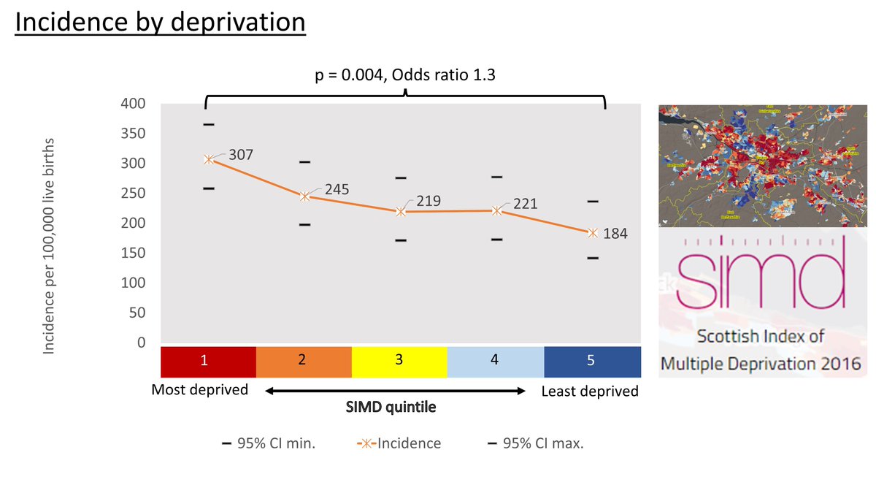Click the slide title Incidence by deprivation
[160, 23]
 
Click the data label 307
[240, 155]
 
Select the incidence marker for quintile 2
[304, 196]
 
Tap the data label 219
[428, 201]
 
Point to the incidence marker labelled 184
[593, 233]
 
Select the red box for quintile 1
[208, 360]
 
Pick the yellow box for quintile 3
[399, 360]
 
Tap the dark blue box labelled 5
[592, 360]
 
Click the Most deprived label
[199, 389]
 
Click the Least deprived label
[590, 391]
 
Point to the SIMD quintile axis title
[391, 408]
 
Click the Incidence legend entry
[399, 443]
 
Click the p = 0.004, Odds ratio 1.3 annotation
[405, 75]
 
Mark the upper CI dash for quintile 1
[209, 124]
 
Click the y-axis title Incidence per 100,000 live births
[50, 246]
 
